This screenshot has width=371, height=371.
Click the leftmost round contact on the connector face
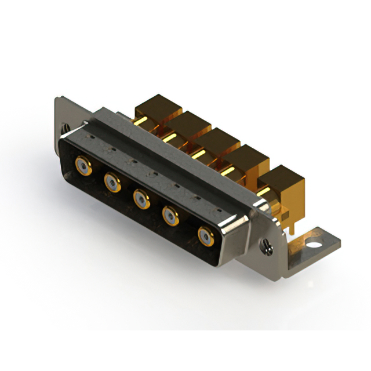[83, 166]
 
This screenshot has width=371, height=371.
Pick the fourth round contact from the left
[171, 217]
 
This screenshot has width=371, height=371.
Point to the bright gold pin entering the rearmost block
[141, 120]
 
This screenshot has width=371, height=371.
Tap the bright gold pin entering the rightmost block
[264, 191]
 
